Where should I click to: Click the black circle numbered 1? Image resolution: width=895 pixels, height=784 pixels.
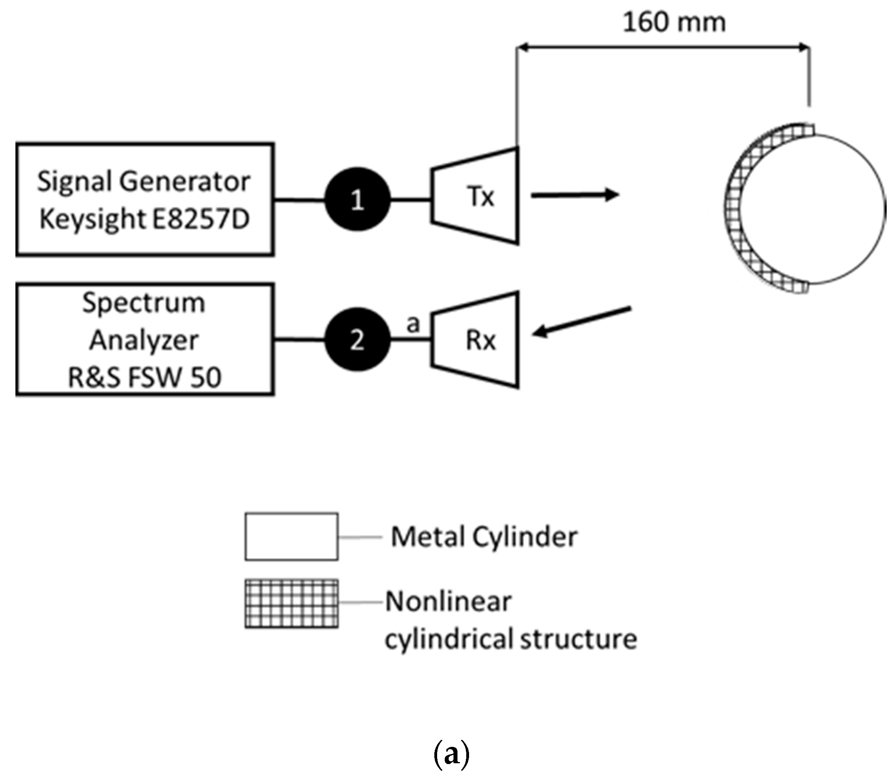point(357,200)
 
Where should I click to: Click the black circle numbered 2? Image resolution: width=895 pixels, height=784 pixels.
point(357,339)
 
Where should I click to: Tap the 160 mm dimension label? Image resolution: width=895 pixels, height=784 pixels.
point(674,23)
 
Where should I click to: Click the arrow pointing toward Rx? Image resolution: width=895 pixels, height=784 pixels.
point(582,322)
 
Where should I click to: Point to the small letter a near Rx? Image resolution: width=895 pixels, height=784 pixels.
point(413,324)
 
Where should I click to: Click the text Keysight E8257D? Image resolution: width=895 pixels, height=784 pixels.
point(145,219)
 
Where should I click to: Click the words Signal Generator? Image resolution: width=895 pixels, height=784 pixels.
point(143,181)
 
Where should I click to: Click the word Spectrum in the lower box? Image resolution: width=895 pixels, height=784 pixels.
point(143,303)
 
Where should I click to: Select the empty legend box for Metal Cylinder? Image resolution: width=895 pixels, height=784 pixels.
point(291,537)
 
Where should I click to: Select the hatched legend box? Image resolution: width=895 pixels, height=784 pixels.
point(291,604)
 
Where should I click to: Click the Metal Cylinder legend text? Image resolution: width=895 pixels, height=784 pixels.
point(484,537)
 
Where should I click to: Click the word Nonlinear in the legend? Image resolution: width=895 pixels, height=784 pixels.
point(448,602)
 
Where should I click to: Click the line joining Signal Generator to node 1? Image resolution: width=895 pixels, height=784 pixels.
point(300,200)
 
